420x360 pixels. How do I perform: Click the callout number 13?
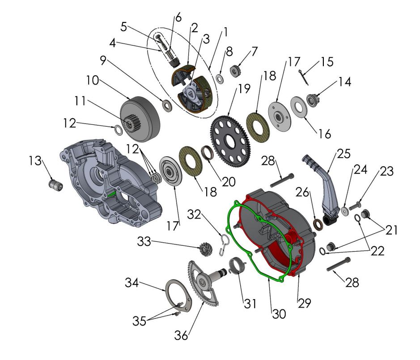click(x=35, y=161)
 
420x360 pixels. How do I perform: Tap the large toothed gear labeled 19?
click(x=231, y=141)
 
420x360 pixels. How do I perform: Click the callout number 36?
click(x=181, y=335)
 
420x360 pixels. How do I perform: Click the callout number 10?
click(x=93, y=80)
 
